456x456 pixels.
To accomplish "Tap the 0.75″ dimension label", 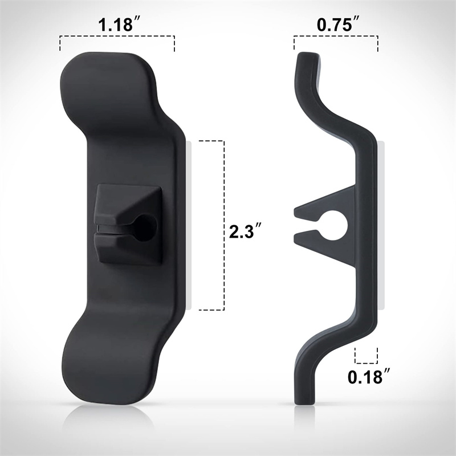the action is point(339,25).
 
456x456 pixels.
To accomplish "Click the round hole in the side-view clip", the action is point(333,225).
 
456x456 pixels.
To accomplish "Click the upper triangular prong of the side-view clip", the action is point(325,203).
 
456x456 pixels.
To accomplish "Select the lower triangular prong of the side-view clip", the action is point(325,247).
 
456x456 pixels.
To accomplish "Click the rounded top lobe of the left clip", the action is point(108,87).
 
